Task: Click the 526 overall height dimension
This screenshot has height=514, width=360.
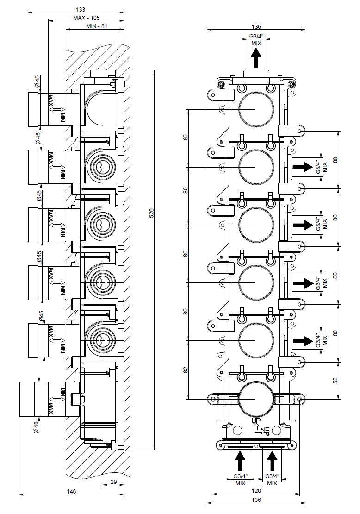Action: pos(151,213)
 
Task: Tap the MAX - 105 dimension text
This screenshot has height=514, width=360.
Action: pos(86,18)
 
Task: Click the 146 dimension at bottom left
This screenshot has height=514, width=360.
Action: pos(71,491)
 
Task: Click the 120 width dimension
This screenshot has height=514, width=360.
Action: pos(256,491)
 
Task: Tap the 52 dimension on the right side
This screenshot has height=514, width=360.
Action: pos(335,380)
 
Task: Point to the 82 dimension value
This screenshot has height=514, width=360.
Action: pos(186,370)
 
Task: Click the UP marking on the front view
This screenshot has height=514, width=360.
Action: pos(256,421)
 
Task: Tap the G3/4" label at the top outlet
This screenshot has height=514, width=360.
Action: pos(256,37)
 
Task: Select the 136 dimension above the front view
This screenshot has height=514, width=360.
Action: pos(256,27)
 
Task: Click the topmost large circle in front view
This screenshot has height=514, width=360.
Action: pos(256,109)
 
